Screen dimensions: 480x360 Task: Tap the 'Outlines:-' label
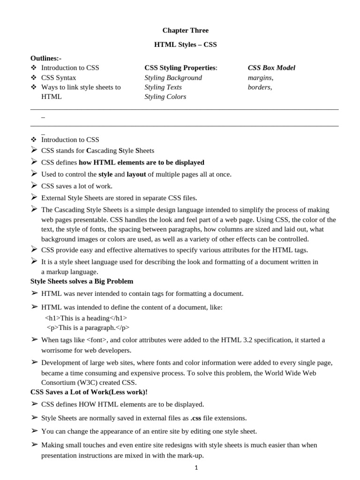[46, 58]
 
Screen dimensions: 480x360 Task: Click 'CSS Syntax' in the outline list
[59, 77]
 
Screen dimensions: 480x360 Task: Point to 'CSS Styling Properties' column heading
[180, 68]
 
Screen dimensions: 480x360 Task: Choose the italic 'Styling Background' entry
[173, 77]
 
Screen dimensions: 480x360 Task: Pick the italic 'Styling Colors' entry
[165, 97]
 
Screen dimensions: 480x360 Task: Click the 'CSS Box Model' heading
[271, 68]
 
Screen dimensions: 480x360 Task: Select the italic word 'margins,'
[261, 77]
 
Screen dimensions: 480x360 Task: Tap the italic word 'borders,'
[260, 87]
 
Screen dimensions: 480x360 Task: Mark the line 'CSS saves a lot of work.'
[77, 186]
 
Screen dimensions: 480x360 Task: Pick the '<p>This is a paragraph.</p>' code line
[88, 327]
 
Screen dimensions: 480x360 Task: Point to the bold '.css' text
[196, 418]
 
